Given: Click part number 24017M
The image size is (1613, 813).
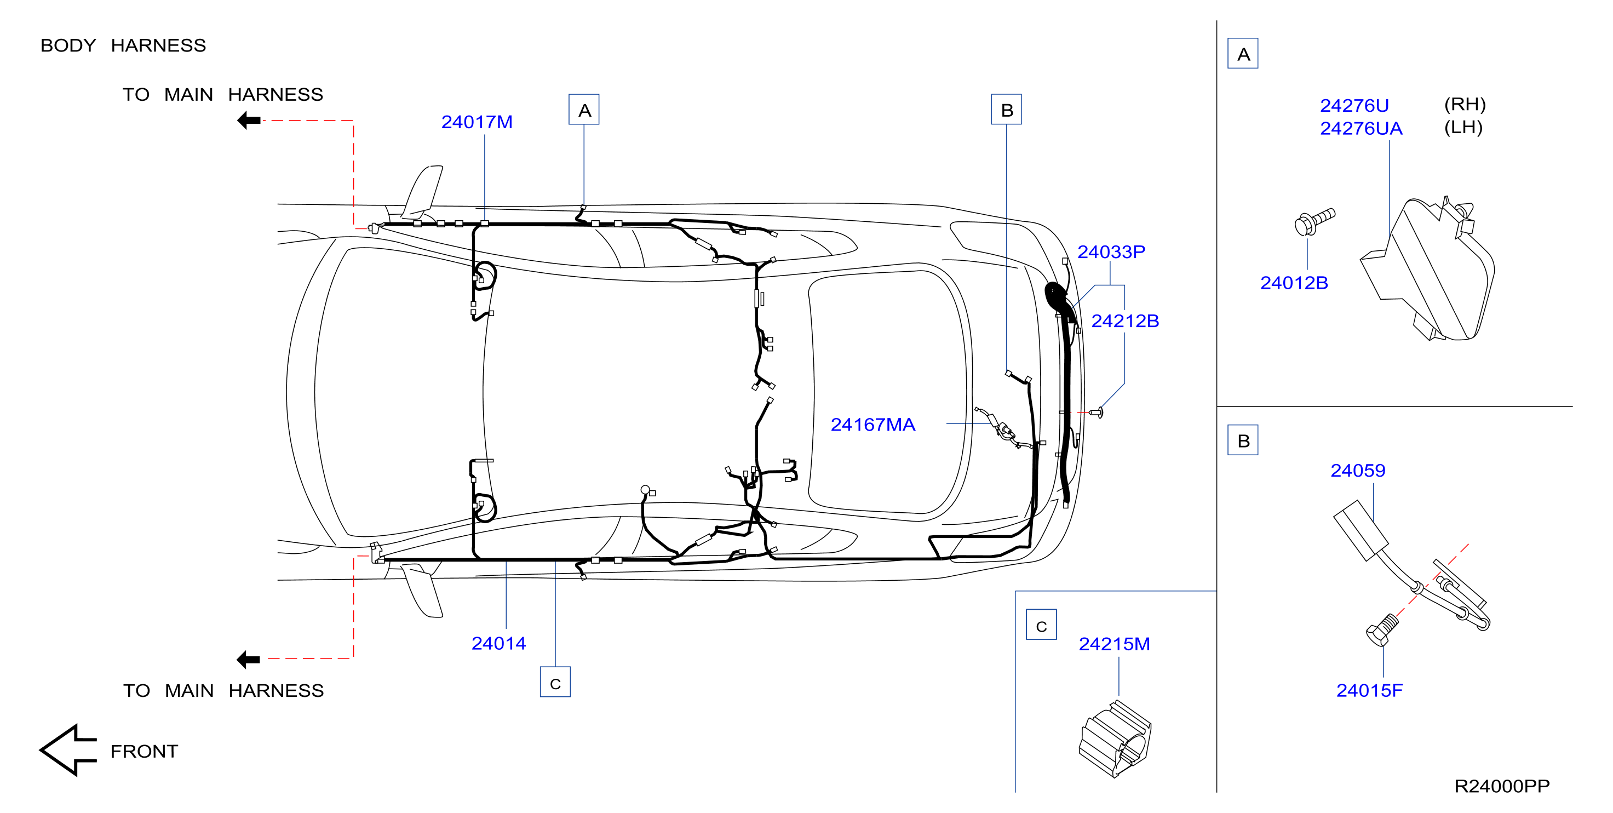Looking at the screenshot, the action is point(477,122).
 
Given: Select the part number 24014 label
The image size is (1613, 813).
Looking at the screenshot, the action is point(498,643).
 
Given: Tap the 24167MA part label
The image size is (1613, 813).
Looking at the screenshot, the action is point(872,425).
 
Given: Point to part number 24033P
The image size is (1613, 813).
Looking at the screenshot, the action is point(1111,252).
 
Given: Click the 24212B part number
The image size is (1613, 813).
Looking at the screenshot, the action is point(1125,322).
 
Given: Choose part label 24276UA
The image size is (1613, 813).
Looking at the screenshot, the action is point(1361,128).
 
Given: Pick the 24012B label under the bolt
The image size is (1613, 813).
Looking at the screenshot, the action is point(1294,283).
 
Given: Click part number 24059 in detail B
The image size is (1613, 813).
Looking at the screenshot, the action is point(1358,471).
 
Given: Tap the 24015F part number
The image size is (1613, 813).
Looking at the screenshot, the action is point(1369,690).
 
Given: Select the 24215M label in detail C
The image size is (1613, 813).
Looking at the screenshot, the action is point(1114,644).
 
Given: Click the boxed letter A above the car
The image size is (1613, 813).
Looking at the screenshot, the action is point(584,110).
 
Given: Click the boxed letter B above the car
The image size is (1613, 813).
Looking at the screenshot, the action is point(1006,110).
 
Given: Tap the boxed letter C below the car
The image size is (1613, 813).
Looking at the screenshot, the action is point(555,682).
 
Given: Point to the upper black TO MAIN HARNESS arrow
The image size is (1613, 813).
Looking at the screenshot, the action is point(249,121).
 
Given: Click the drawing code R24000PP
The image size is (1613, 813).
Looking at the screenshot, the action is point(1502,786).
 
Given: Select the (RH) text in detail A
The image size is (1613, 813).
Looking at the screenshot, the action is point(1465,104).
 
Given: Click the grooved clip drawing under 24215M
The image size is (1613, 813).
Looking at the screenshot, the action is point(1115,739).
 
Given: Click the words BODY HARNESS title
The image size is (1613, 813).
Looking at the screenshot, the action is point(123,45).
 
